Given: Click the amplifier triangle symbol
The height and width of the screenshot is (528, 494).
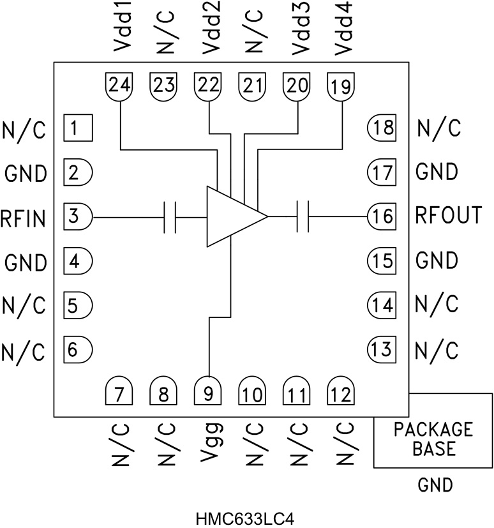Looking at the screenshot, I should pyautogui.click(x=231, y=217).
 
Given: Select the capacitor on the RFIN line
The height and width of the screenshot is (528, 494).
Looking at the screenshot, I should pyautogui.click(x=170, y=217).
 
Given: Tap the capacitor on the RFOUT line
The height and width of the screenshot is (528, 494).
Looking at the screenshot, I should pyautogui.click(x=303, y=217).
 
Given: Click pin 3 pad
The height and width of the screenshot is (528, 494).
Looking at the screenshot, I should pyautogui.click(x=77, y=217).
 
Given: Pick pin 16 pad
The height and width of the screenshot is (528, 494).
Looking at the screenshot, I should pyautogui.click(x=382, y=217).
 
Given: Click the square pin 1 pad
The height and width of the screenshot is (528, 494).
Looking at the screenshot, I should pyautogui.click(x=77, y=129).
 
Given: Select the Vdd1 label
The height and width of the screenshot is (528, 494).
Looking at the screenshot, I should pyautogui.click(x=119, y=29).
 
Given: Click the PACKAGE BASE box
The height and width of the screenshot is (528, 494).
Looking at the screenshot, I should pyautogui.click(x=433, y=439).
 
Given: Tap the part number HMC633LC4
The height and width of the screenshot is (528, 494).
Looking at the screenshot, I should pyautogui.click(x=247, y=513).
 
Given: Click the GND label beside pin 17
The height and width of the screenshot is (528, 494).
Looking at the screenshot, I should pyautogui.click(x=437, y=172).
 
